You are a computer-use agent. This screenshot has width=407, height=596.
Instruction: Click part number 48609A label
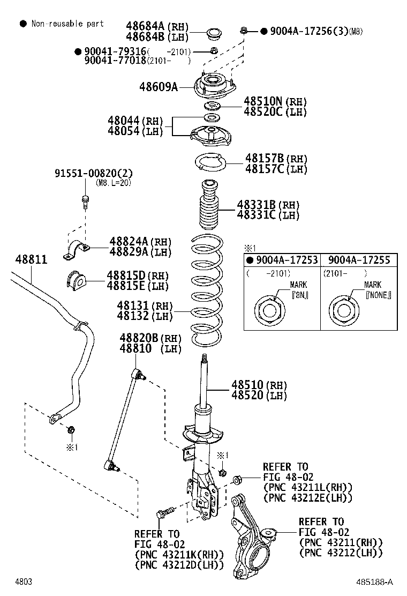coord(158,86)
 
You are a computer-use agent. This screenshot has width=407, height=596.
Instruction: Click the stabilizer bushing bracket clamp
coord(78,249)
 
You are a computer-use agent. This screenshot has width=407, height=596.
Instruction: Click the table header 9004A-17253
coord(282,260)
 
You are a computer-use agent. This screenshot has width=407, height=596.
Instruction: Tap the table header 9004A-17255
coord(358,260)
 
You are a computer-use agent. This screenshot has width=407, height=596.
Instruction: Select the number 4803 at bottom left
coord(23,582)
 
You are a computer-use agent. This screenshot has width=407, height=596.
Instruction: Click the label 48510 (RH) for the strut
coord(259,385)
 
